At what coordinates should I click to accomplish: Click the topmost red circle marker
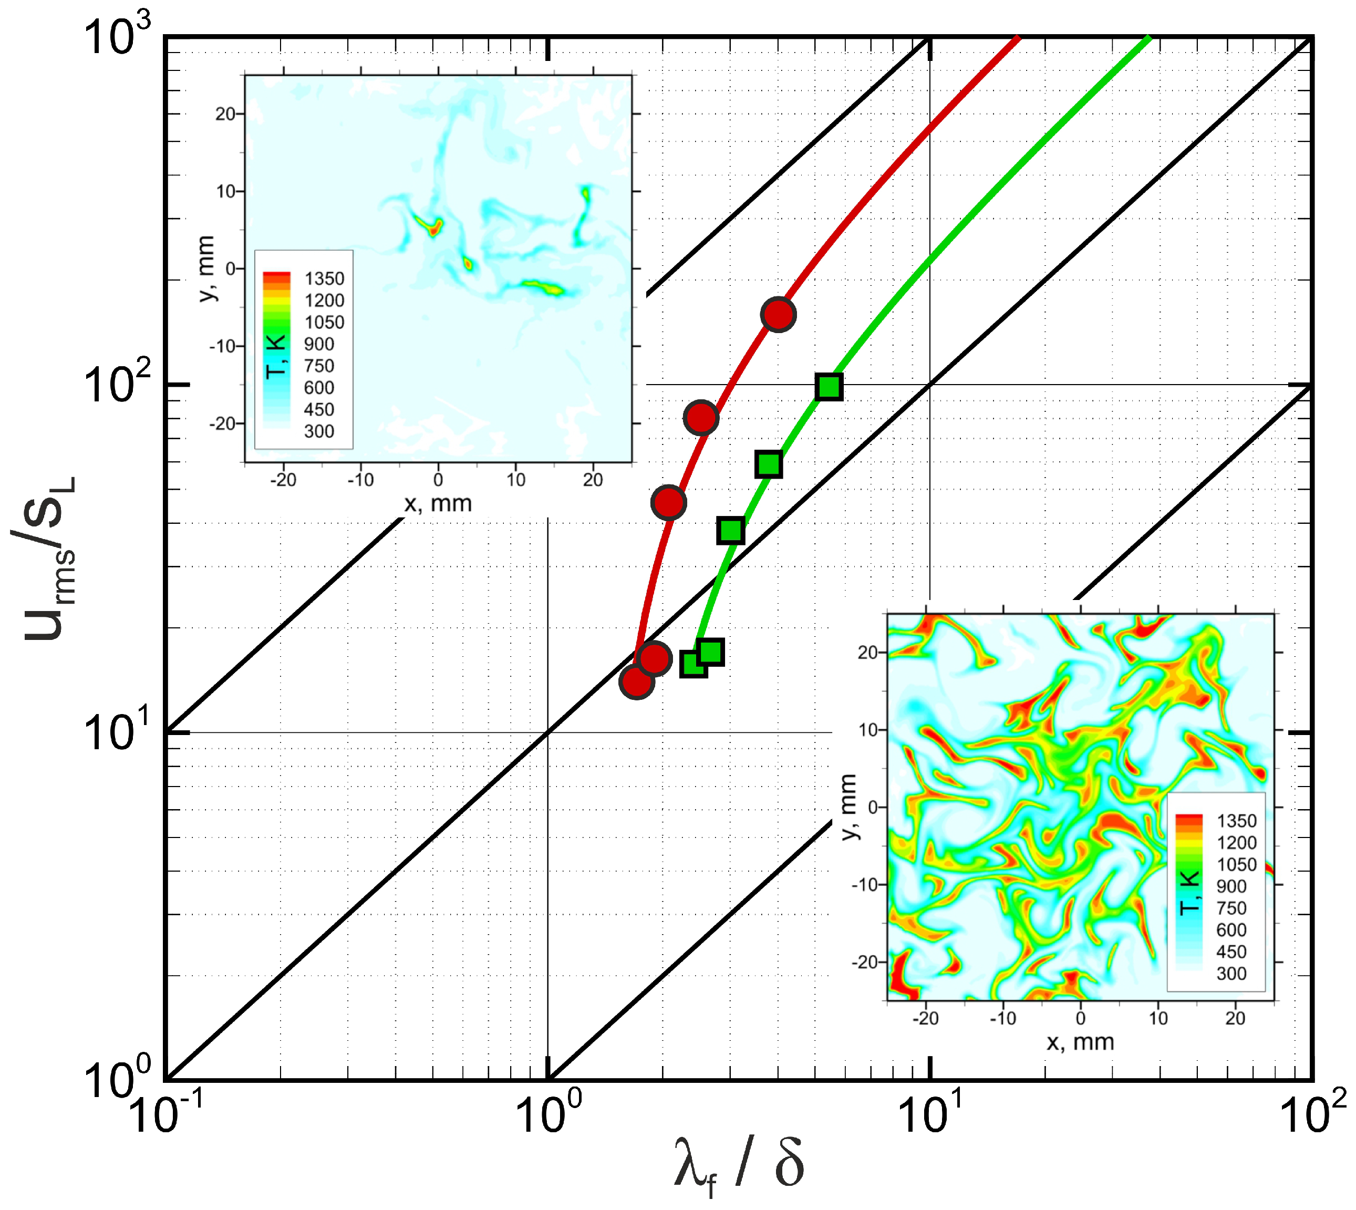(x=778, y=315)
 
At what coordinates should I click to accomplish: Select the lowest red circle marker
(x=636, y=681)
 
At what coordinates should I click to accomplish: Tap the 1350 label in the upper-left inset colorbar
(x=324, y=278)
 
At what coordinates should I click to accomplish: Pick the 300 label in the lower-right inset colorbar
(x=1231, y=974)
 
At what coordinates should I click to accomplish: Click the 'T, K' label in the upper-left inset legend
(x=275, y=357)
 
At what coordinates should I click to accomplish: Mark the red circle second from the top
(x=701, y=418)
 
